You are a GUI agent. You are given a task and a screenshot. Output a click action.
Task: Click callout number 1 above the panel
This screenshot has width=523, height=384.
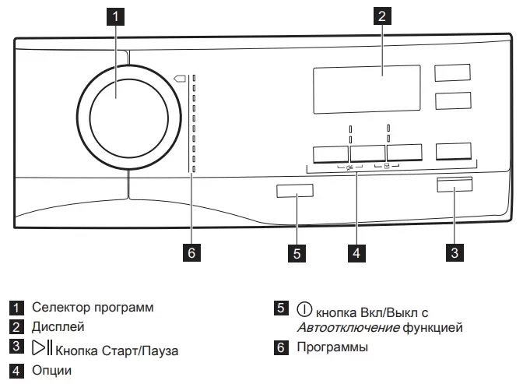coord(115,16)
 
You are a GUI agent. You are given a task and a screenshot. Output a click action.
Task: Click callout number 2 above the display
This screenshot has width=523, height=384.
coord(382,16)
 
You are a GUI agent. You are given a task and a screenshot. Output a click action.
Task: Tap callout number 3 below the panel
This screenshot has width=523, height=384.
coord(455,253)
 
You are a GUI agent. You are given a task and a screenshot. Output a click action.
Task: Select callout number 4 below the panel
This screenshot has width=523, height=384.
coord(356,253)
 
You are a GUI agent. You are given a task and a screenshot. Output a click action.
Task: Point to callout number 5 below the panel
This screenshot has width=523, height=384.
coord(297,253)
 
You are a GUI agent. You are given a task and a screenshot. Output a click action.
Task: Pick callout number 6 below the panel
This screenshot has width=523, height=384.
coord(191,253)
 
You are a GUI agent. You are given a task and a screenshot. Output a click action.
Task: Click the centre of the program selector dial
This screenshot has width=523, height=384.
coord(129,118)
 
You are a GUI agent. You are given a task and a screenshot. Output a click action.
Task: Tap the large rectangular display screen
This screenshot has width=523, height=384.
coord(367,90)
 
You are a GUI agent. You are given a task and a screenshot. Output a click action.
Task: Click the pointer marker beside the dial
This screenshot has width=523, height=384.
coord(180,79)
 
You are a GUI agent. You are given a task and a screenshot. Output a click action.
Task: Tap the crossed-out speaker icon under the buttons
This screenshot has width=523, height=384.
coord(349,167)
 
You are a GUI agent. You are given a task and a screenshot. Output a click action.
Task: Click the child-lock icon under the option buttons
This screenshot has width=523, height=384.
coord(387,166)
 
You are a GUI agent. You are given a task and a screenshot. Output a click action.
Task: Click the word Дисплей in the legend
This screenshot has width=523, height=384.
coord(58,327)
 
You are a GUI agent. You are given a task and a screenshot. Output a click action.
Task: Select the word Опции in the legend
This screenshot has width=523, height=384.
coord(51,370)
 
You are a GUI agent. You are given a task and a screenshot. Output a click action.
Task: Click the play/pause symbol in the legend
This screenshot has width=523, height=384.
coord(42,347)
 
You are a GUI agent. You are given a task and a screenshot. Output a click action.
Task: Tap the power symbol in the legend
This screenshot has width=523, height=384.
coord(304,309)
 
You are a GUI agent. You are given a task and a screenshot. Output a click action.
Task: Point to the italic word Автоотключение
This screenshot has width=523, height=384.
coord(348,328)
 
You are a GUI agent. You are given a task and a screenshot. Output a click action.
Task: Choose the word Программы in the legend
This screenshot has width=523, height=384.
coord(332,347)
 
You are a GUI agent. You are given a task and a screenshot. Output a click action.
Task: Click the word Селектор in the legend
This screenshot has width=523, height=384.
coord(60,307)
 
